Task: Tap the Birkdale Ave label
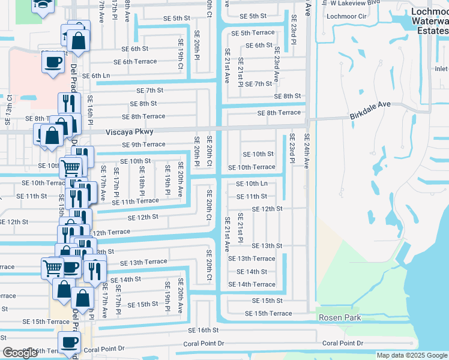click(x=371, y=104)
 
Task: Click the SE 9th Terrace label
click(x=143, y=145)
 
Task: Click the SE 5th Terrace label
click(x=253, y=33)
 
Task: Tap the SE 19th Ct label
click(x=179, y=55)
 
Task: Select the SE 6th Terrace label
click(x=131, y=62)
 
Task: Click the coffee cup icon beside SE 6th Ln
click(x=53, y=63)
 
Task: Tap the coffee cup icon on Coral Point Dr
click(x=68, y=344)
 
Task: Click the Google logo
click(x=20, y=353)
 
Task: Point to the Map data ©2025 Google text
click(x=412, y=355)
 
